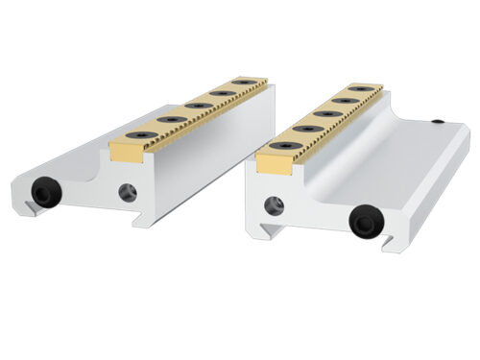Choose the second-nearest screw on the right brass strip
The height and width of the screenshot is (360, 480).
pyautogui.click(x=312, y=128)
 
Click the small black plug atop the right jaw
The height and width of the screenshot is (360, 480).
pyautogui.click(x=437, y=123)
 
